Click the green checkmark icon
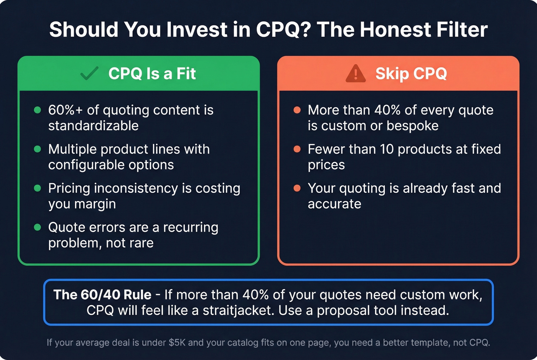89,73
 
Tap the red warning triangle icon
356,73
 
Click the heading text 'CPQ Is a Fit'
152,73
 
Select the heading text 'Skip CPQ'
411,73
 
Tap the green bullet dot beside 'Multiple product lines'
38,149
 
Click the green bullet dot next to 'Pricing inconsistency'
38,188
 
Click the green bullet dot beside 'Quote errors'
38,227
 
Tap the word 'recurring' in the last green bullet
191,227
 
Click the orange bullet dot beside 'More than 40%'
297,110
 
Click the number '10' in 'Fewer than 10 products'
387,149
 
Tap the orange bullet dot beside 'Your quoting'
297,188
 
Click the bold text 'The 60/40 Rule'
102,294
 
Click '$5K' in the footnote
177,342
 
